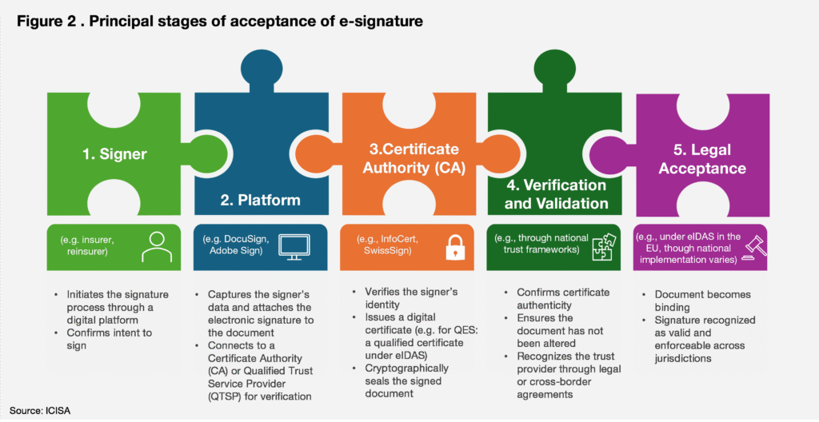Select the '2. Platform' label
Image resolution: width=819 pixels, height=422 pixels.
coord(258,199)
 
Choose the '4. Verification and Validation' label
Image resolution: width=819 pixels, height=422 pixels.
coord(557,194)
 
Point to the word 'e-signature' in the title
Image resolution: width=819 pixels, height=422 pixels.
coord(382,22)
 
